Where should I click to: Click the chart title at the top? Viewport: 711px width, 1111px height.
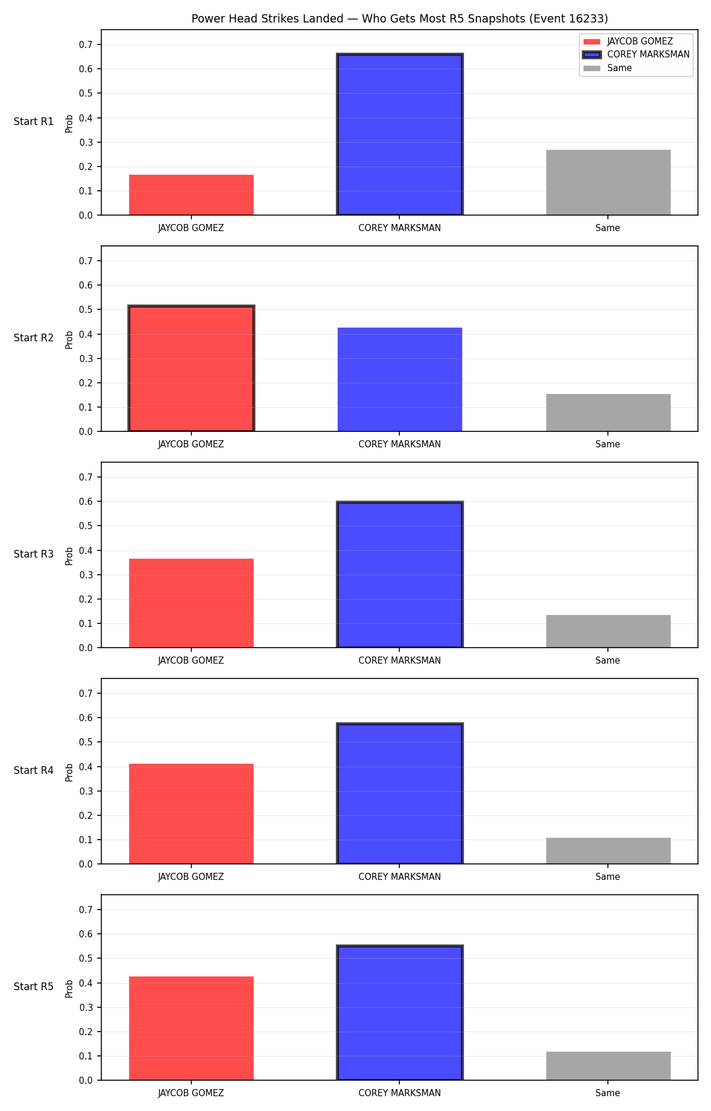click(399, 19)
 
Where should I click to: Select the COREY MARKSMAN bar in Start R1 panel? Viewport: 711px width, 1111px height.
click(400, 135)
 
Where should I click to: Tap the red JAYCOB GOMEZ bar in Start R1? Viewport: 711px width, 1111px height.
click(191, 195)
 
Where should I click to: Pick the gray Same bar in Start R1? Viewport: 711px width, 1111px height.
click(608, 183)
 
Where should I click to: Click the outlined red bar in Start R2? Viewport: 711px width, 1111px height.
click(191, 369)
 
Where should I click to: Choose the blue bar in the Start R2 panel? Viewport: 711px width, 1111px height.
click(400, 379)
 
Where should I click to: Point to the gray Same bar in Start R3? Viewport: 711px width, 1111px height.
click(608, 631)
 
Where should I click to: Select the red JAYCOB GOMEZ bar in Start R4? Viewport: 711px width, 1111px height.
click(191, 814)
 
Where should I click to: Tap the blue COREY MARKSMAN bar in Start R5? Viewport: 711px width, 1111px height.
click(400, 1013)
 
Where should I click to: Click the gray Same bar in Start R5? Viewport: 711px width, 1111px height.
click(608, 1066)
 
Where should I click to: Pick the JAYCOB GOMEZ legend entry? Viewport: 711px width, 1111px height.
click(628, 41)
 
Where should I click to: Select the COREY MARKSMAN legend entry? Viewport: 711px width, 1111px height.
click(636, 55)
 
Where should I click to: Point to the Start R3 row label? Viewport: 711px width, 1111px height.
click(34, 554)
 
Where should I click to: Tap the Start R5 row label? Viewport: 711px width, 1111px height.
click(34, 987)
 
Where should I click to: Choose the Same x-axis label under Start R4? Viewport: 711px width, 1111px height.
click(608, 877)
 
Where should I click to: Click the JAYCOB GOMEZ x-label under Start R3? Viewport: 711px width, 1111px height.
click(191, 661)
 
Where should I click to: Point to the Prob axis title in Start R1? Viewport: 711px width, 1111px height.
click(69, 123)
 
